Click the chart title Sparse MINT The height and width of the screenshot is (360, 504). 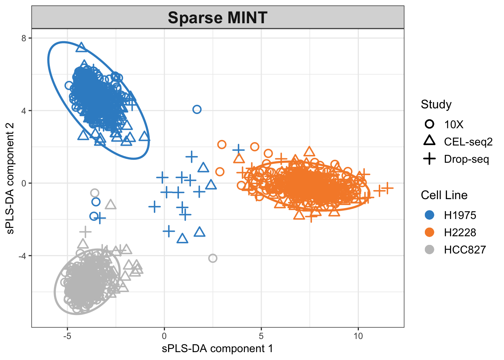(x=217, y=18)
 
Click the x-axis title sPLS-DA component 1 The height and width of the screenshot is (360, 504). (x=217, y=349)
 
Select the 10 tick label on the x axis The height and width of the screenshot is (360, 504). (x=358, y=336)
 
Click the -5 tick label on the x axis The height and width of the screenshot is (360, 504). (x=67, y=336)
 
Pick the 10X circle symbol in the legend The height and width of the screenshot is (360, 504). (x=429, y=124)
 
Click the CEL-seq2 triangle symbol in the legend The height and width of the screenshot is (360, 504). (x=429, y=141)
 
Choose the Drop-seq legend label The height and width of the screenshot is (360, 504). (x=466, y=159)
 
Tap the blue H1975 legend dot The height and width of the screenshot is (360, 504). (x=429, y=215)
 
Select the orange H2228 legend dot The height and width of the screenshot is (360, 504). (x=429, y=232)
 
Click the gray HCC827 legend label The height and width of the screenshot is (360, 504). (x=465, y=250)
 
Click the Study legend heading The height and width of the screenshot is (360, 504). (x=436, y=104)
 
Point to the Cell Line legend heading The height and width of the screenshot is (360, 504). (x=444, y=195)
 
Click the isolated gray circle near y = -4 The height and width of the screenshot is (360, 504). (x=213, y=258)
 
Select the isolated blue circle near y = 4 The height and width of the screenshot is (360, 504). (x=197, y=109)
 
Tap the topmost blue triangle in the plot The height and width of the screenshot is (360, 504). (x=81, y=48)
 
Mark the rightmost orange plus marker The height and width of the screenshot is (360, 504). (x=388, y=188)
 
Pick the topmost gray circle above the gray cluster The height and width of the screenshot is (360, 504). (x=94, y=193)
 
